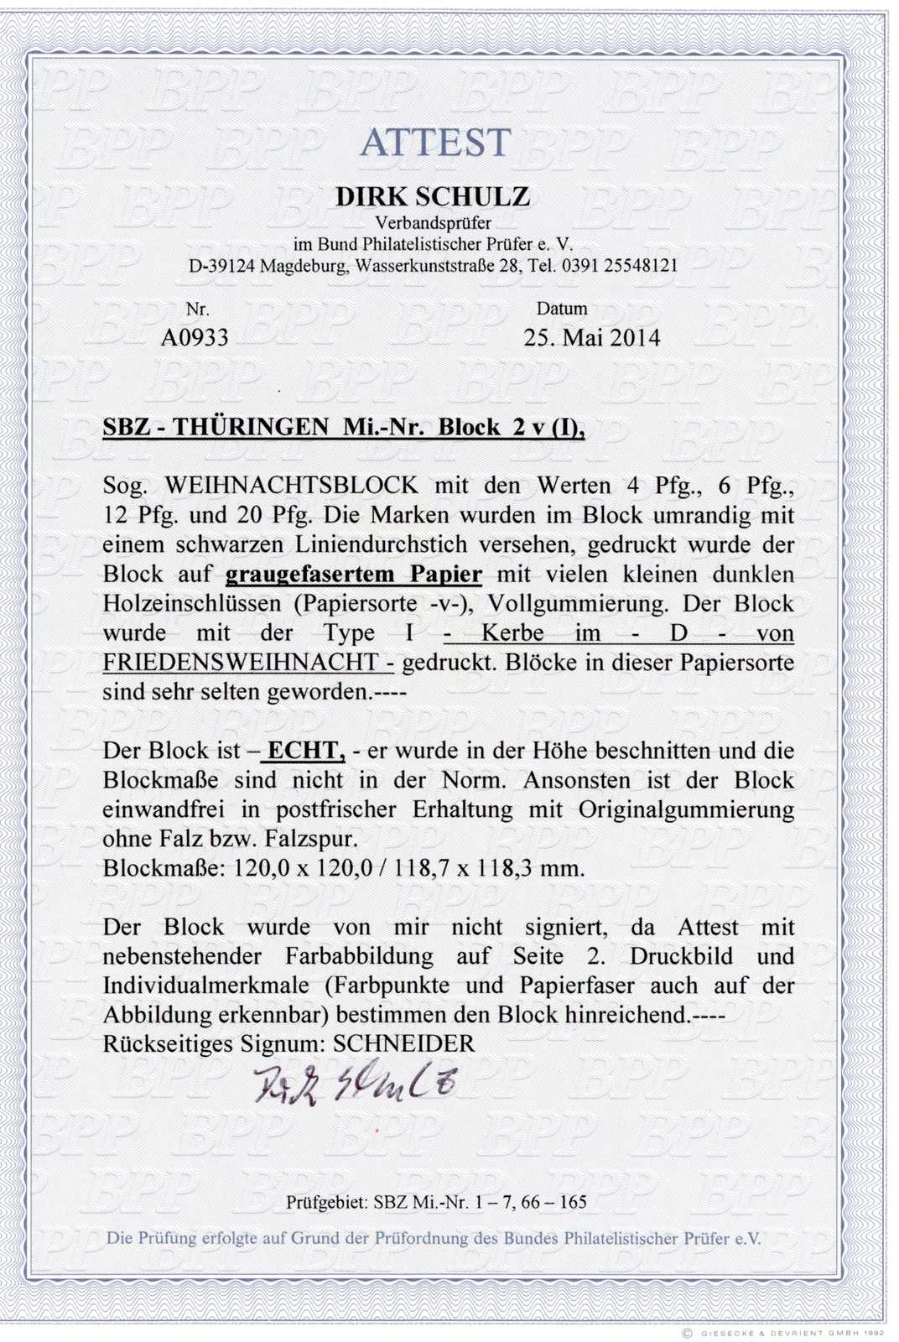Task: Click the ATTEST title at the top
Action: click(435, 143)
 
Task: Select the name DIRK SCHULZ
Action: click(433, 197)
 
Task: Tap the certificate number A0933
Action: click(194, 337)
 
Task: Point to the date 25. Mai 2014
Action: click(591, 337)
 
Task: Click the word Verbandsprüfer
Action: click(433, 223)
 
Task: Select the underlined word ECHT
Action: click(303, 751)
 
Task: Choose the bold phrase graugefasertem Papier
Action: click(354, 575)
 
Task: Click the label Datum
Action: click(561, 309)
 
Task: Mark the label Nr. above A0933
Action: click(197, 309)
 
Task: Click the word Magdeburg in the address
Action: click(305, 266)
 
